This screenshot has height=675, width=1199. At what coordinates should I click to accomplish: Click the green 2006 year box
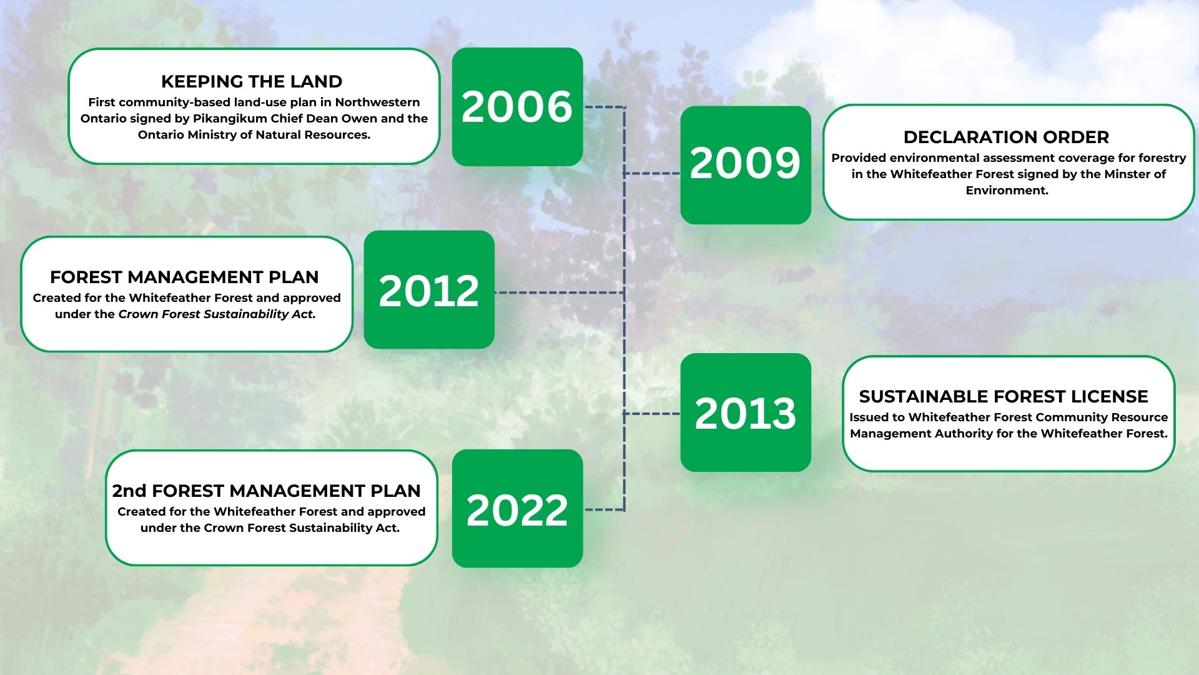coord(517,107)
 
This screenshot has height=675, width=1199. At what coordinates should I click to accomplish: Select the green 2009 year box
coord(746,165)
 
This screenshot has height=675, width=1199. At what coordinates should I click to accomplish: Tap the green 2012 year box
coord(429,289)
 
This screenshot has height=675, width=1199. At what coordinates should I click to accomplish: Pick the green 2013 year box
coord(746,412)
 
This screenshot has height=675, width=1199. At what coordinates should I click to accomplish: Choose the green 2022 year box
coord(517,509)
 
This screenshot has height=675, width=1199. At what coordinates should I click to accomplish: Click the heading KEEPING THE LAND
coord(252,81)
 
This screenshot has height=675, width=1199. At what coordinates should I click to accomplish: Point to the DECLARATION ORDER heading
coord(1006,137)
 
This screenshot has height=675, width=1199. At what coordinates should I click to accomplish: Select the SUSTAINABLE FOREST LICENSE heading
coord(1004,396)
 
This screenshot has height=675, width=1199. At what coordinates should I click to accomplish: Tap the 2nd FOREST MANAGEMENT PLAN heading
coord(267,491)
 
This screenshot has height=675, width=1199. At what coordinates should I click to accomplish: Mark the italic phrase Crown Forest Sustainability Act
coord(217,314)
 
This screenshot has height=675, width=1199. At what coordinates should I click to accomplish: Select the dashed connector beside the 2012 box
coord(560,292)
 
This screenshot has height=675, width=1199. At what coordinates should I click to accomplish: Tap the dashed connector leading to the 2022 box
coord(604,509)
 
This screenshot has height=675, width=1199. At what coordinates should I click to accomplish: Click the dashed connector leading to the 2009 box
coord(652,173)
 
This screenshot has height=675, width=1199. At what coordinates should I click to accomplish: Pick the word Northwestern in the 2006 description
coord(377,102)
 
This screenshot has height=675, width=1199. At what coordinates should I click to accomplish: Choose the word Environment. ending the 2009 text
coord(1007,190)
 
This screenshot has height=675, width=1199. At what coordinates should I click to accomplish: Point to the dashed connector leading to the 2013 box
coord(652,414)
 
